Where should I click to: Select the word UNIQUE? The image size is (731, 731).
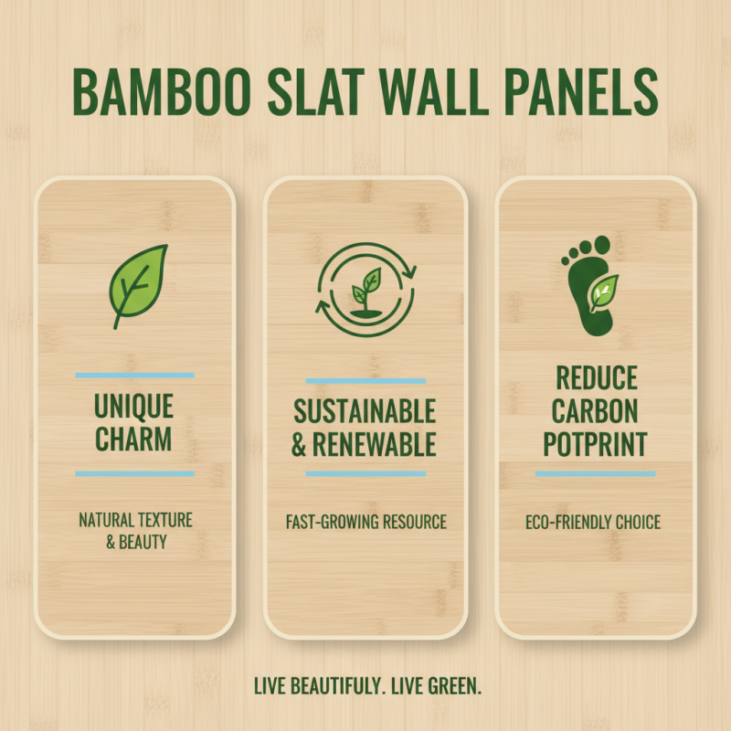tap(134, 405)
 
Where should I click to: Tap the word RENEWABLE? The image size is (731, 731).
tap(376, 445)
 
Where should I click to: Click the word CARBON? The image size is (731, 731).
tap(595, 410)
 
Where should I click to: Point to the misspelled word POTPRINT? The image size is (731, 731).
tap(595, 444)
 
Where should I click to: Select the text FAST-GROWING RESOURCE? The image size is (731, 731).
tap(365, 523)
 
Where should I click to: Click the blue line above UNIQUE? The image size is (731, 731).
tap(134, 375)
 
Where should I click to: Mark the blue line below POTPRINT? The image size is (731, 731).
tap(595, 473)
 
